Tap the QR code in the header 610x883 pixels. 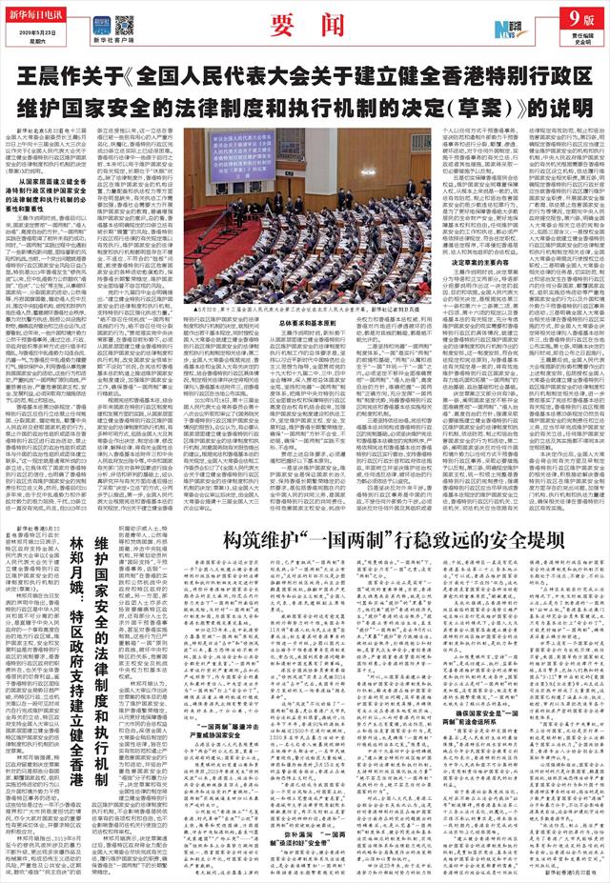click(124, 25)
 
